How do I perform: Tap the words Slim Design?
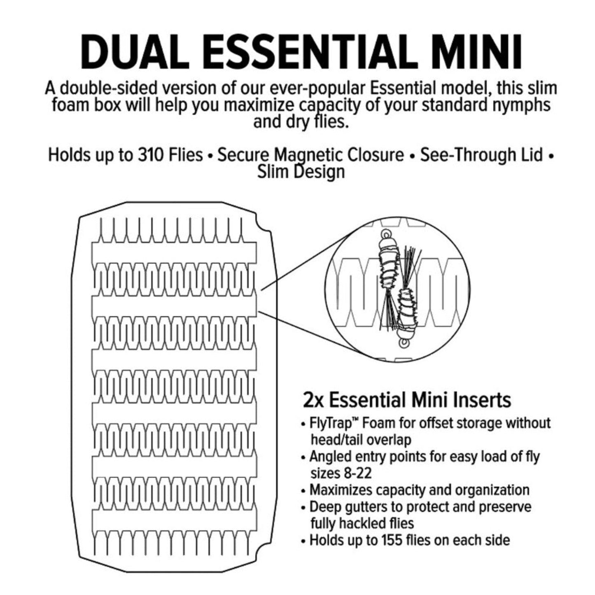[x=301, y=172]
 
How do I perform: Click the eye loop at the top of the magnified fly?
[x=386, y=233]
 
